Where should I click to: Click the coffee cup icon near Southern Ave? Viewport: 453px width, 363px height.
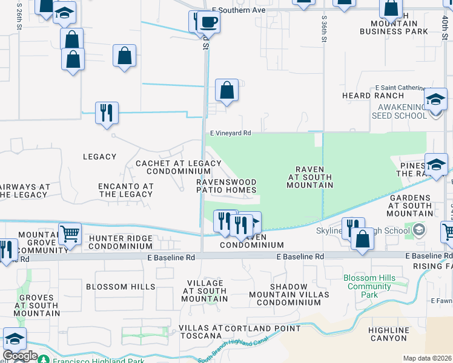208,22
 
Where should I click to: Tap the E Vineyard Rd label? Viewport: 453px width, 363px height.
230,133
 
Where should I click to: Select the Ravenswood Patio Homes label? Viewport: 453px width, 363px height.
226,186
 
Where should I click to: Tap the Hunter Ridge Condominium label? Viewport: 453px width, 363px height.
120,242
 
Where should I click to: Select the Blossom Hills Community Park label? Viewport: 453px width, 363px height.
369,286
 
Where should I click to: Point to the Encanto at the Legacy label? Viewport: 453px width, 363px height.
126,190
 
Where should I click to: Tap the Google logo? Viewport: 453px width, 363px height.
20,356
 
